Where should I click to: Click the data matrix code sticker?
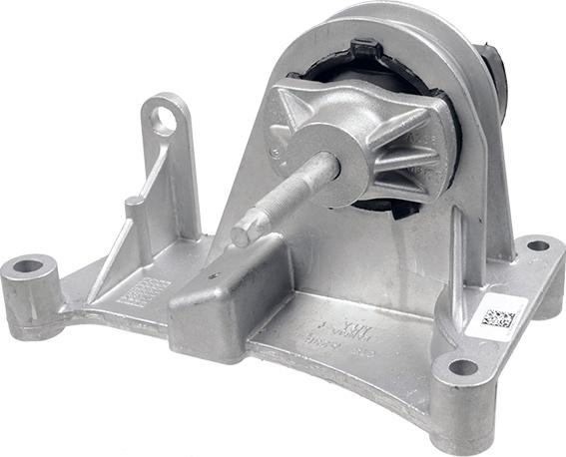497,318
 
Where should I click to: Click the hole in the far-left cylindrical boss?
28,266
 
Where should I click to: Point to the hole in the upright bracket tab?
164,123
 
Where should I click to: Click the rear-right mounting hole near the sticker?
538,244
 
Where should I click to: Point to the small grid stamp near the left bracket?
144,290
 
